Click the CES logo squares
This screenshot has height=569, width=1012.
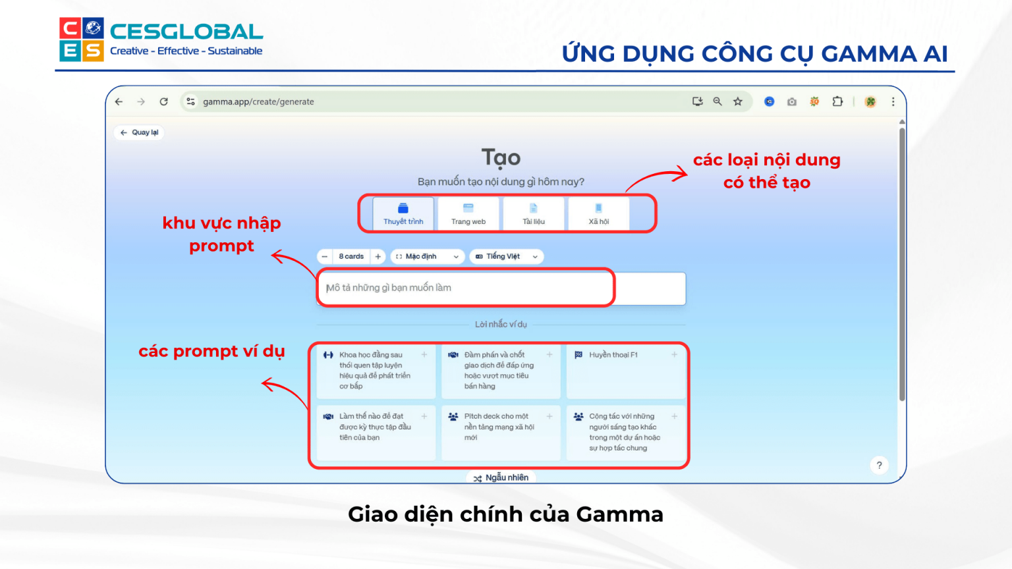tap(82, 40)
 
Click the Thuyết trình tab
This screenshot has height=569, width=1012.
tap(403, 214)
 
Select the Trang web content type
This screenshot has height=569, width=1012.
tap(468, 214)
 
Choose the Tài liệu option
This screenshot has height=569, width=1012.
tap(534, 214)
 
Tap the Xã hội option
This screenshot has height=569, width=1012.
tap(599, 214)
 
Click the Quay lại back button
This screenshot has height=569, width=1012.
tap(140, 132)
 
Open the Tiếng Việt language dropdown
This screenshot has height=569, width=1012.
tap(506, 256)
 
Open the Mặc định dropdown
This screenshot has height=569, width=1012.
tap(427, 256)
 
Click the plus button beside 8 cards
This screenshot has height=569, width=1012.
tap(378, 256)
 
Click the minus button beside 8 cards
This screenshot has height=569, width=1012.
tap(324, 256)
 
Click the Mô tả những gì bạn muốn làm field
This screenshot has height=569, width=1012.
tap(464, 288)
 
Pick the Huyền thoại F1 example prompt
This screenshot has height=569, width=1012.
tap(625, 370)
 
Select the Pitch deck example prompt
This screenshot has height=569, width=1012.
tap(500, 431)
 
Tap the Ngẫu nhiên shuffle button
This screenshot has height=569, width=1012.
tap(501, 477)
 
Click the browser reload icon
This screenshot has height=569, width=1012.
tap(163, 101)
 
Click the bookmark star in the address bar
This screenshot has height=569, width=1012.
tap(738, 101)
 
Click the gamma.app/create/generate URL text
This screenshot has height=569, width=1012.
tap(258, 101)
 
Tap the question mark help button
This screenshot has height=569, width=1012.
tap(879, 465)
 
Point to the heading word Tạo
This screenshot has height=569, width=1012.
tap(501, 158)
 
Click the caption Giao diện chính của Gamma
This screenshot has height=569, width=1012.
tap(505, 514)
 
